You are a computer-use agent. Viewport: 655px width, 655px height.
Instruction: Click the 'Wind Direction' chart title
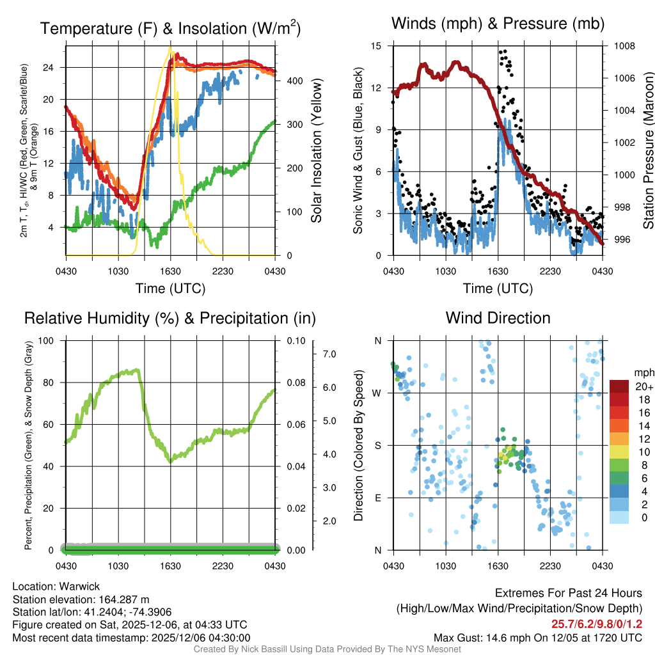point(498,318)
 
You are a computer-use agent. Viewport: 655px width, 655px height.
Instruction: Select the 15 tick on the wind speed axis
point(376,46)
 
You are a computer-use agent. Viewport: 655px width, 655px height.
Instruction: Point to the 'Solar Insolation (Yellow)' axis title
point(316,150)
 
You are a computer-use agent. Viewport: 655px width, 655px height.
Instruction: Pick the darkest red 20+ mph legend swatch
point(620,386)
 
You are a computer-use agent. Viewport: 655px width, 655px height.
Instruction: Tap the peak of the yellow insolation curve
point(170,48)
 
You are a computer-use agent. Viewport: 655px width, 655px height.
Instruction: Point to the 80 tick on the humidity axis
point(50,383)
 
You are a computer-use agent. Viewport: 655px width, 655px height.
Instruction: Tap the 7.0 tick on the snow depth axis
point(328,354)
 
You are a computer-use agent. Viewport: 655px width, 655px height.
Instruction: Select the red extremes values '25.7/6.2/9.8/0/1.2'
point(597,624)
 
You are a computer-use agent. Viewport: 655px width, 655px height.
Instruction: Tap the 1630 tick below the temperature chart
point(171,271)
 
